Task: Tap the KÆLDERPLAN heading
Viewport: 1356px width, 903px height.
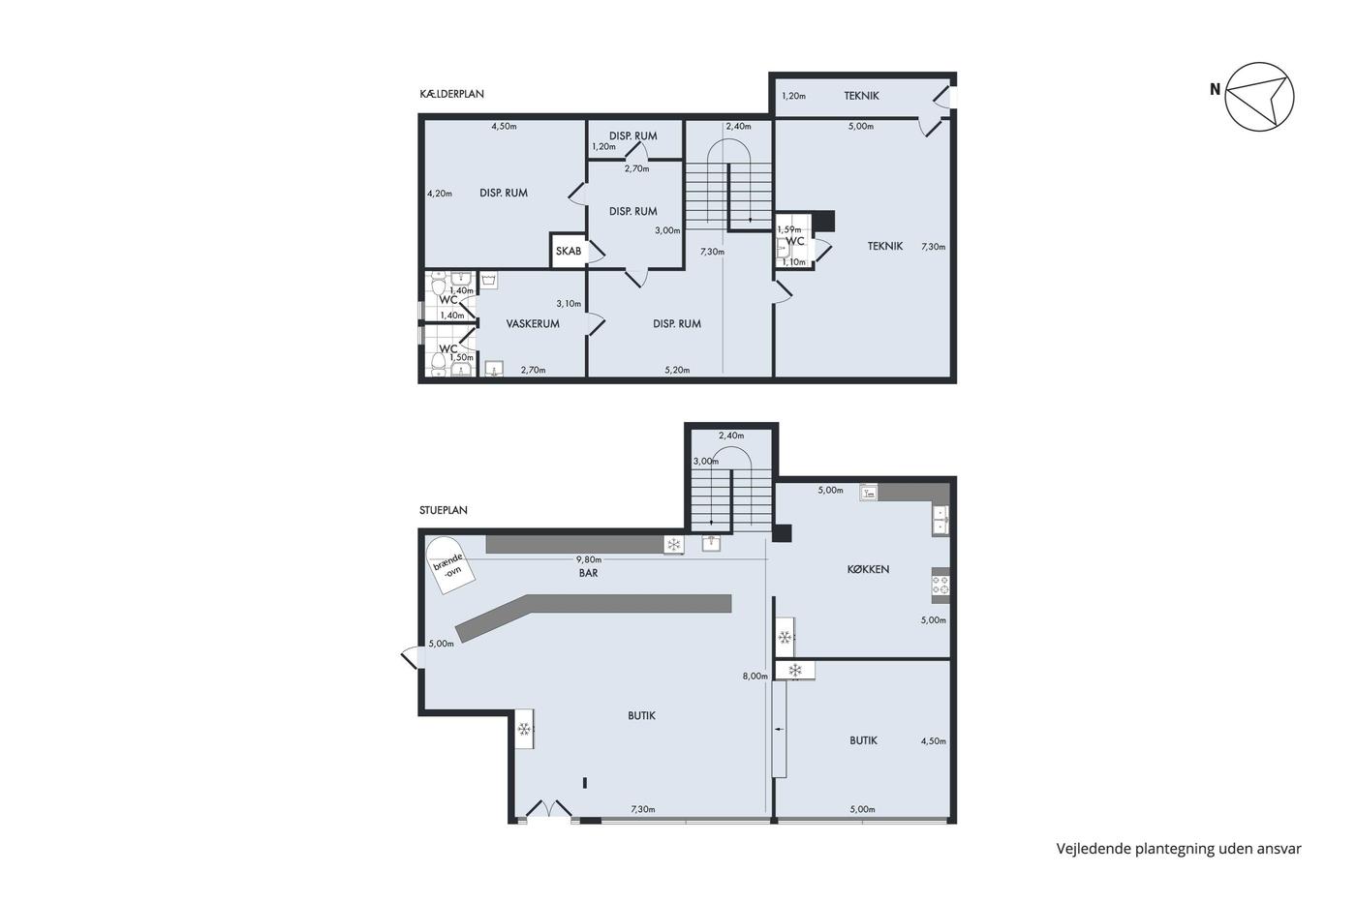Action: pyautogui.click(x=451, y=94)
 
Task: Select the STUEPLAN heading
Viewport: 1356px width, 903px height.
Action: pyautogui.click(x=444, y=510)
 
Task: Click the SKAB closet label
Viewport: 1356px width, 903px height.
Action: pyautogui.click(x=569, y=251)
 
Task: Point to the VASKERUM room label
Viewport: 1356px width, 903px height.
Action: pyautogui.click(x=533, y=323)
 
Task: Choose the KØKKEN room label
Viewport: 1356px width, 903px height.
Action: pyautogui.click(x=868, y=569)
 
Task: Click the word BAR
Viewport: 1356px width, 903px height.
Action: pyautogui.click(x=589, y=573)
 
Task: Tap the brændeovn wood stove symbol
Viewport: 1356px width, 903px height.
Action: pyautogui.click(x=449, y=565)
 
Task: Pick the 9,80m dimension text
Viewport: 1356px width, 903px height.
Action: pyautogui.click(x=589, y=559)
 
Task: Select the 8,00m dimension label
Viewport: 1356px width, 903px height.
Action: pyautogui.click(x=755, y=677)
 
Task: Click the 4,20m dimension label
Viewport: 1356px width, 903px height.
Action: pyautogui.click(x=440, y=194)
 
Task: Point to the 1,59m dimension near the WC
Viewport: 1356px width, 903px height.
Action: pyautogui.click(x=788, y=229)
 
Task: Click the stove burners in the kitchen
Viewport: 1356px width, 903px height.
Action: pyautogui.click(x=940, y=585)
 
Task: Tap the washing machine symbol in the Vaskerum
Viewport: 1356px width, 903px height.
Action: pyautogui.click(x=488, y=280)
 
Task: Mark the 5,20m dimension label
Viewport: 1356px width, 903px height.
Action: pyautogui.click(x=677, y=370)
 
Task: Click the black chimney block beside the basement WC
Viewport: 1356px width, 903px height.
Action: pyautogui.click(x=823, y=220)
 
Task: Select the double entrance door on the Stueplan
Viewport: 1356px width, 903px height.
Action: pyautogui.click(x=548, y=809)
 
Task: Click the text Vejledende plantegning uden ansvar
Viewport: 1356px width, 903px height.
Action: pyautogui.click(x=1179, y=849)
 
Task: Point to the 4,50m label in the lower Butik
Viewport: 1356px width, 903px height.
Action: pyautogui.click(x=933, y=741)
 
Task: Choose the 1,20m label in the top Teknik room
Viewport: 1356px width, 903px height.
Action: pyautogui.click(x=793, y=96)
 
